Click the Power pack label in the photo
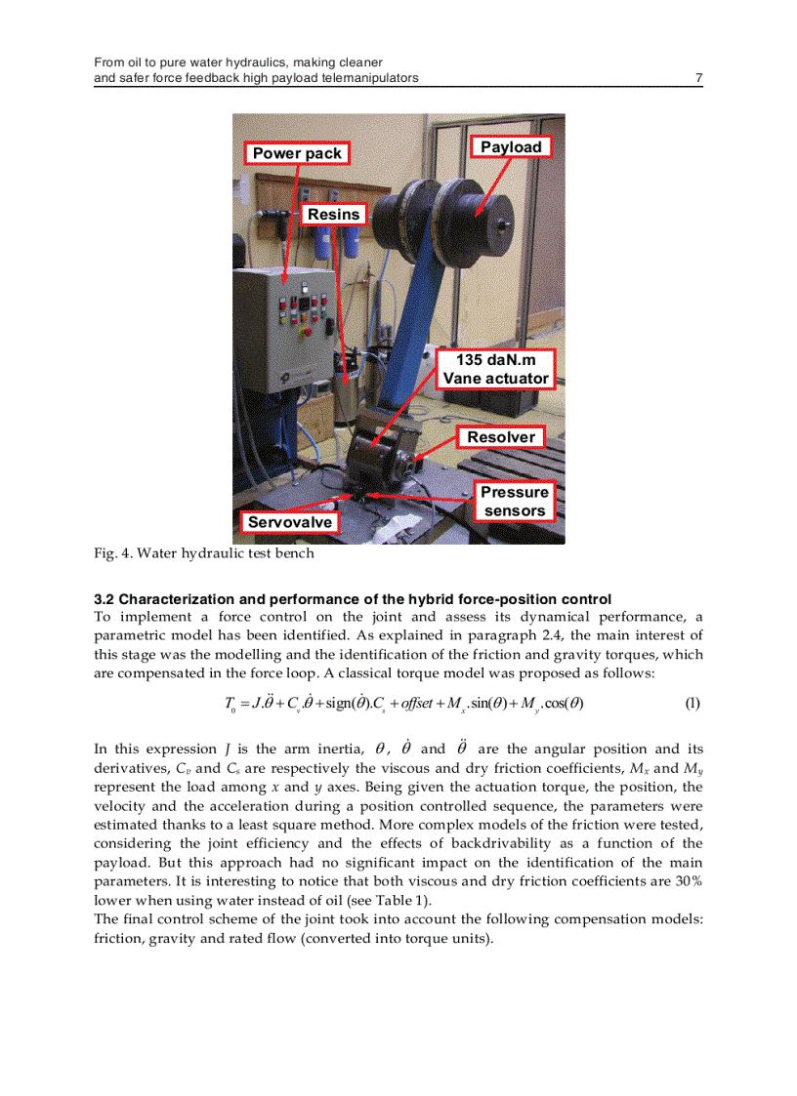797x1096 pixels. [297, 153]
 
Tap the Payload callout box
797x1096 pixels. [511, 147]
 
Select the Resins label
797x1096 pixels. [334, 214]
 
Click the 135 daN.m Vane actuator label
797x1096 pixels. [496, 369]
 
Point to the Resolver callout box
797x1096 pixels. [501, 437]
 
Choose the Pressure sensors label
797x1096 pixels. [515, 502]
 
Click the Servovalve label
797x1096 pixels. [289, 522]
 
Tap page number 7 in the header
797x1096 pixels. [698, 78]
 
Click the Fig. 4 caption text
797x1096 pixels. [204, 553]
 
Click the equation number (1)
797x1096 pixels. [692, 703]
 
